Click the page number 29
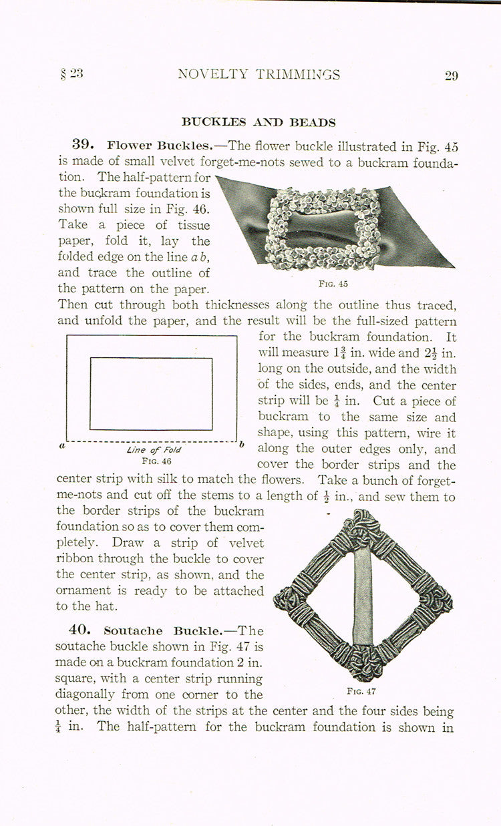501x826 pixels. point(451,75)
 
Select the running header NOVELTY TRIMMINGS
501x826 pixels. point(259,75)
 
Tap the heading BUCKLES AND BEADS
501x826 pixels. point(259,122)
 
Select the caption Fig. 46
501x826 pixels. point(153,461)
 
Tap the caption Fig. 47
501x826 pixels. point(361,691)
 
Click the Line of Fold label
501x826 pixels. point(153,450)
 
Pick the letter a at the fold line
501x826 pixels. point(61,445)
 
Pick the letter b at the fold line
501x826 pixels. point(242,444)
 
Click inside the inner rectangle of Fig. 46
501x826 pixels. point(151,393)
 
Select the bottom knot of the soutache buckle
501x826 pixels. point(363,662)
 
